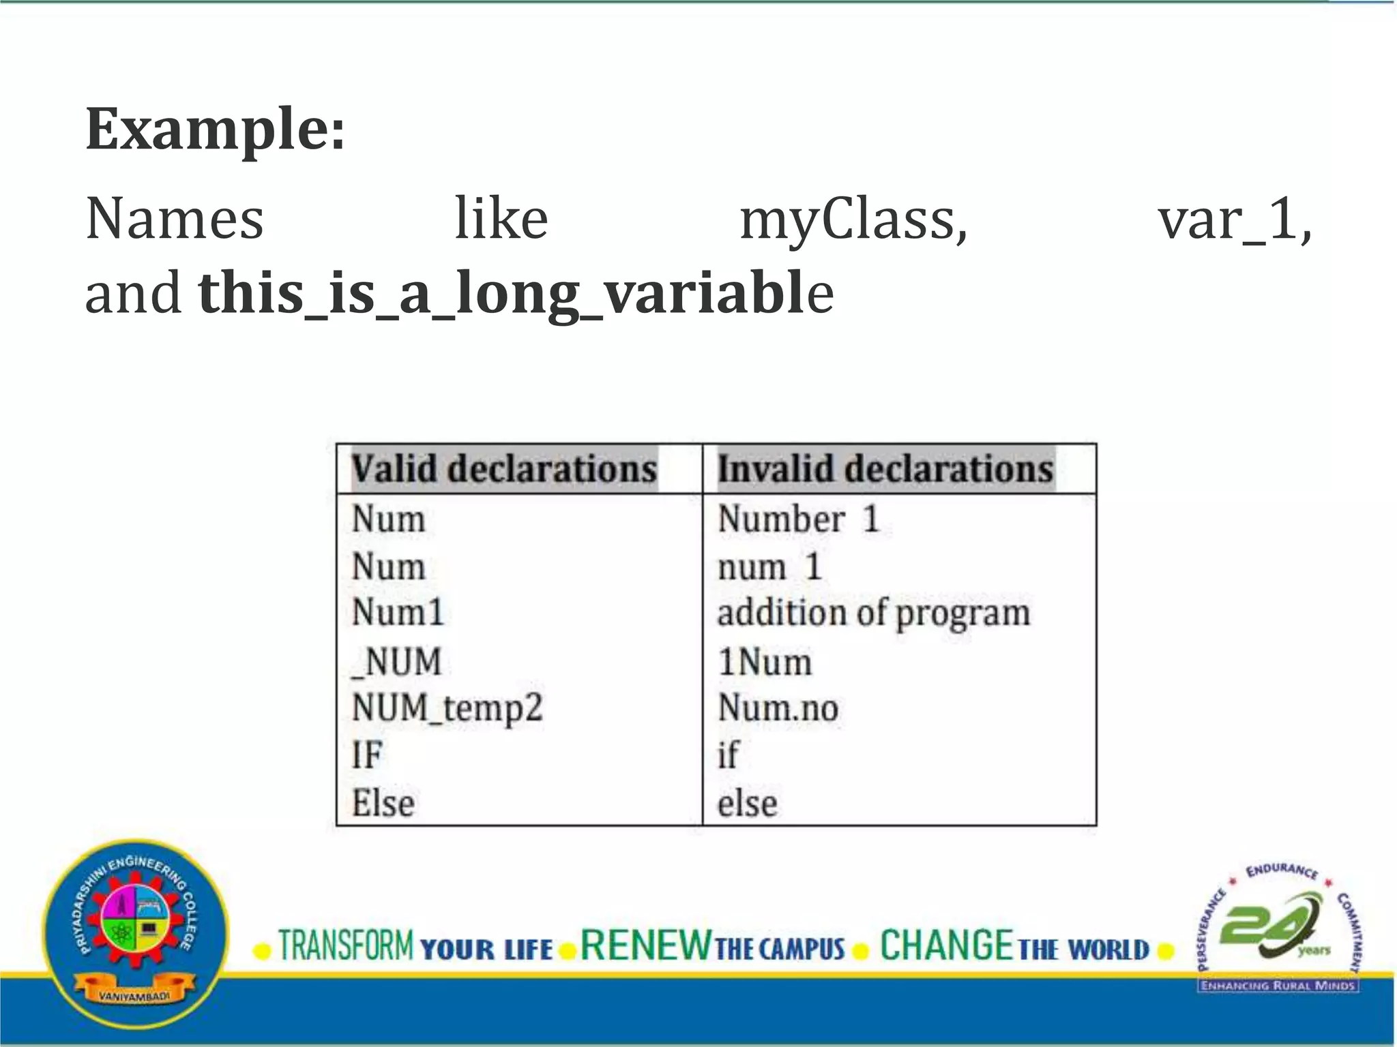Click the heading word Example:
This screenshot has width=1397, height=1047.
(215, 129)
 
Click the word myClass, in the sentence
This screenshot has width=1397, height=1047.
(853, 220)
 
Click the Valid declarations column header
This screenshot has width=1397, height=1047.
(504, 469)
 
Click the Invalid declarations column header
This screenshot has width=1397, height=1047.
(885, 469)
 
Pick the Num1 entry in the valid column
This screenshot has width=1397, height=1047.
(398, 611)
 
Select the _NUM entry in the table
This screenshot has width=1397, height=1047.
(396, 661)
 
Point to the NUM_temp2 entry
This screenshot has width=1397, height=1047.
(447, 708)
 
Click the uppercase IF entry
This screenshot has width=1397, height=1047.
(367, 755)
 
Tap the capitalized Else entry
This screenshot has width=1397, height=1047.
(383, 803)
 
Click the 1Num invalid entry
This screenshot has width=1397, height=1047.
(765, 661)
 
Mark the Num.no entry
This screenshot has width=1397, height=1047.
(778, 708)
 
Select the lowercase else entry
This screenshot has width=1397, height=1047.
(747, 803)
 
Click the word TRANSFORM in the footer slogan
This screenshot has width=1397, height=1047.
(346, 946)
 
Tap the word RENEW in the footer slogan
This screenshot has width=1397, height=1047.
(645, 946)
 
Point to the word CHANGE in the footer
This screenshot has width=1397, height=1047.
(946, 946)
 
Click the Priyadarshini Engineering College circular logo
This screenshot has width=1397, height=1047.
(135, 934)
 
